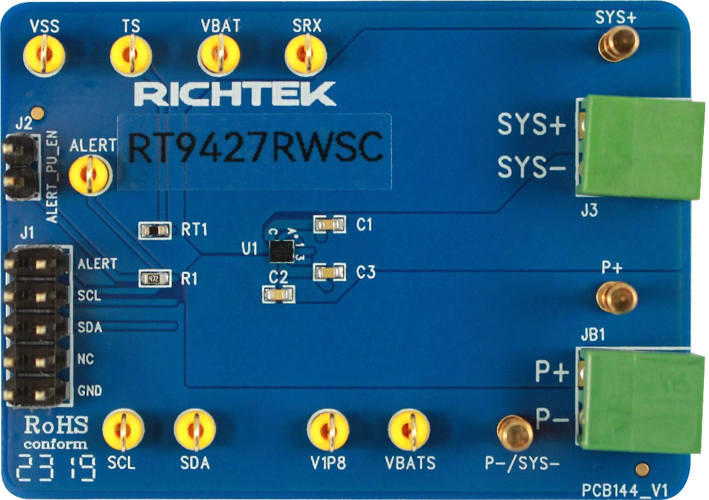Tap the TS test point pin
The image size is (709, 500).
point(132,55)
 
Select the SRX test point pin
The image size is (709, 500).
point(306,55)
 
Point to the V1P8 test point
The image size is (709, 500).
point(328,431)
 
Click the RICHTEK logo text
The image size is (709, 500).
point(234,94)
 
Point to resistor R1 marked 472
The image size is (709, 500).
point(154,277)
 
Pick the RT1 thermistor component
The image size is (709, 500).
point(154,230)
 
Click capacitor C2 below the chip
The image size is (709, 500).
point(278,293)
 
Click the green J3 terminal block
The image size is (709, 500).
point(640,148)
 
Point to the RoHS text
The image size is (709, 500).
point(56,425)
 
